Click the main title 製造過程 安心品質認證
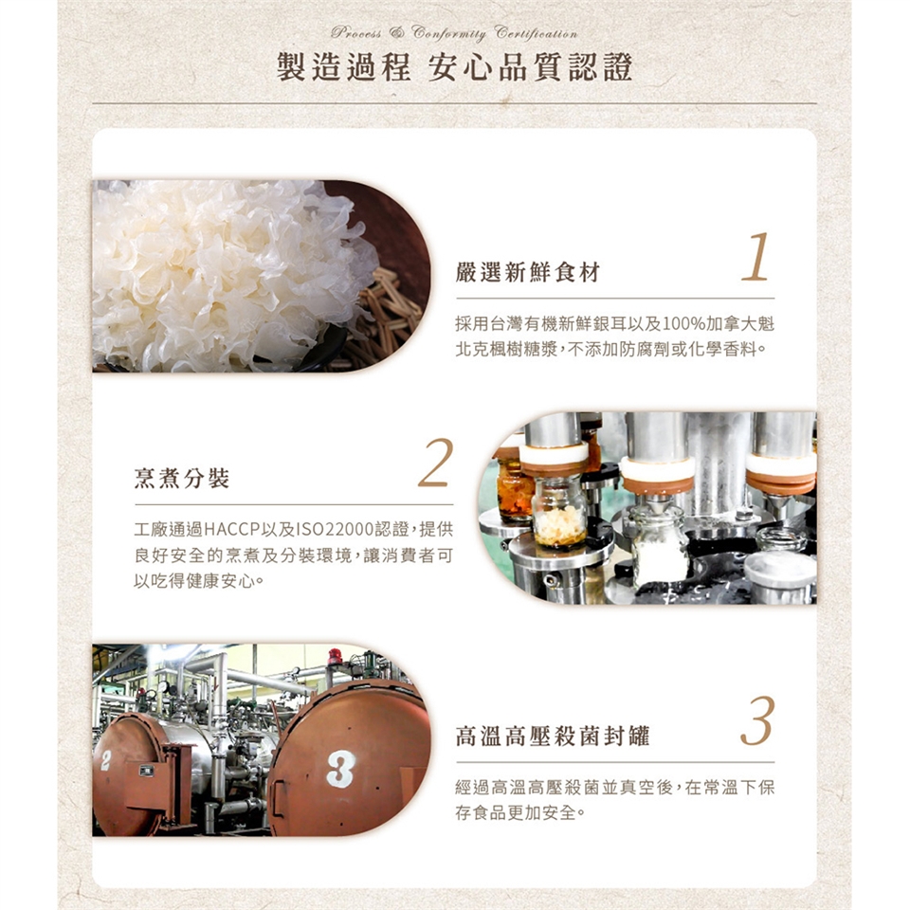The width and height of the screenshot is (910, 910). (x=454, y=67)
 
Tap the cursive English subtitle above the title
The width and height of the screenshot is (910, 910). (x=454, y=32)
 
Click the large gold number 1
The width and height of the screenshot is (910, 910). (x=755, y=257)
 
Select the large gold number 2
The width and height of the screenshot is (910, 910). (x=436, y=463)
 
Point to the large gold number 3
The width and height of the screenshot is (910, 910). (x=757, y=720)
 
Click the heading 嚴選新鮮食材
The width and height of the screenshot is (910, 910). (x=528, y=272)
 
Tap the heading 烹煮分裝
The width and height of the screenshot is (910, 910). (x=182, y=478)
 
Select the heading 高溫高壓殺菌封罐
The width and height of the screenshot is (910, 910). (x=553, y=736)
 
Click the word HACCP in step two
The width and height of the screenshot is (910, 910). (x=231, y=529)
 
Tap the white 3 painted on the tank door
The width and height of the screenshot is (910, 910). (x=340, y=769)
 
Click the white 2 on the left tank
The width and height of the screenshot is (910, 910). (x=105, y=760)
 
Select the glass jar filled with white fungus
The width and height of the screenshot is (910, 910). (x=559, y=514)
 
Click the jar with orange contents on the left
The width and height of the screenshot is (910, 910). (x=514, y=487)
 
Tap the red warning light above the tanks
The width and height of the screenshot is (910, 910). (x=335, y=656)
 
